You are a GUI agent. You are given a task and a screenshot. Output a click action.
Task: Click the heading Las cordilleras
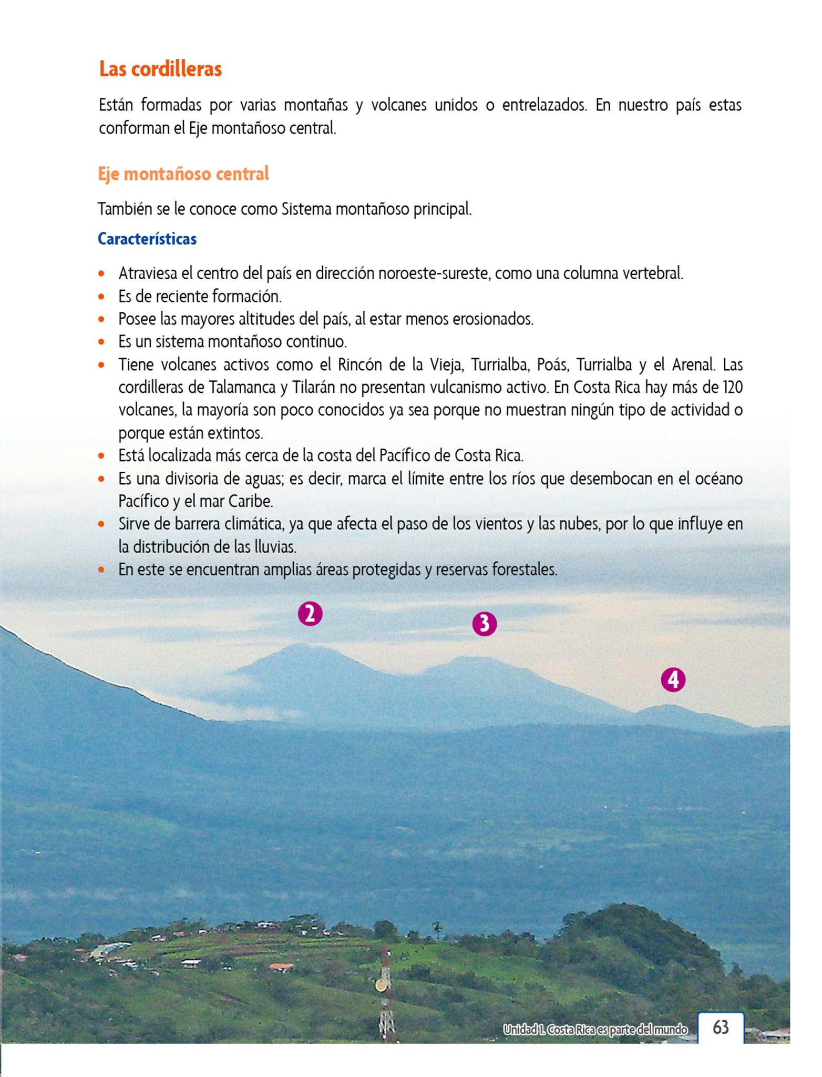point(160,69)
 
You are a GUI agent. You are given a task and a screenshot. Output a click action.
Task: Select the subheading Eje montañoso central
point(183,174)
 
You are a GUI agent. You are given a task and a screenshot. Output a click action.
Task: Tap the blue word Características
point(147,239)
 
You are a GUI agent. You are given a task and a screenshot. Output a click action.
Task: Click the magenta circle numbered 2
point(310,614)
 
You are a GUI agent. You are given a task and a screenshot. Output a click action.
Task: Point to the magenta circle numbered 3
point(484,624)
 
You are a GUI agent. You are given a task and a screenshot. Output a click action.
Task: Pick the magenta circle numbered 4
point(673,680)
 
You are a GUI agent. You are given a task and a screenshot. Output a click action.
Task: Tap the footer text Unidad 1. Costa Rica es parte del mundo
point(595,1029)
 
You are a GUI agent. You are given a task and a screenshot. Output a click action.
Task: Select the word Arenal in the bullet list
point(694,364)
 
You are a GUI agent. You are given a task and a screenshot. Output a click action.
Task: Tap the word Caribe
point(250,501)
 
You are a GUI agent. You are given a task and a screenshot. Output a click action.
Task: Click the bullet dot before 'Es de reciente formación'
point(102,297)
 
